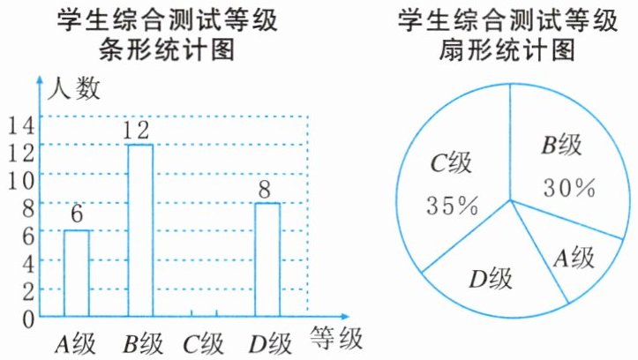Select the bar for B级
click(140, 229)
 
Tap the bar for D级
click(267, 259)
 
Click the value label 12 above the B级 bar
click(139, 131)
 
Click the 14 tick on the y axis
click(19, 125)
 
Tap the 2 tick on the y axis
click(26, 289)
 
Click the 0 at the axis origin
click(26, 316)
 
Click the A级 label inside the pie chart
click(574, 259)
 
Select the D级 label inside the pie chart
click(491, 281)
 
